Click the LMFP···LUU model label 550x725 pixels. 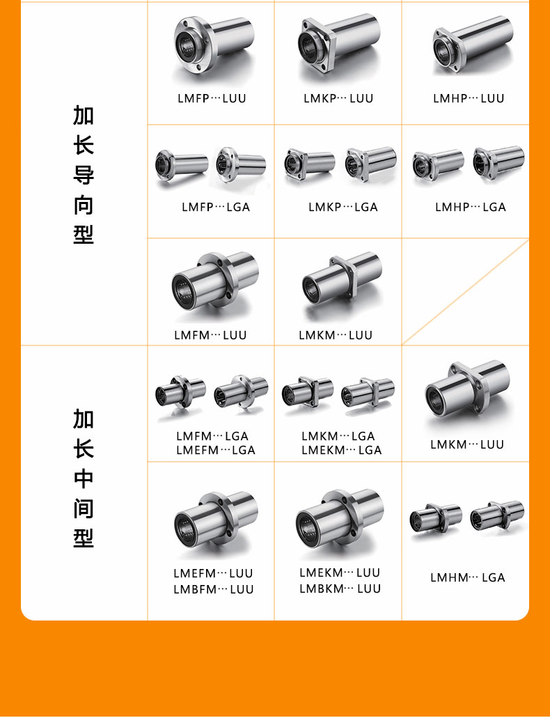[x=212, y=98]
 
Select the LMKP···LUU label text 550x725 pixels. [x=338, y=98]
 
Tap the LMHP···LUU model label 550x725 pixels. [x=469, y=98]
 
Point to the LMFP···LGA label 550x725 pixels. [x=216, y=207]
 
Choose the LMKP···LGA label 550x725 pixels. [x=343, y=207]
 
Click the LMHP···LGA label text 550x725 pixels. [x=471, y=207]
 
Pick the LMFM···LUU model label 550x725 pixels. [x=210, y=335]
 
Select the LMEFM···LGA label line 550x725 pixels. [x=215, y=450]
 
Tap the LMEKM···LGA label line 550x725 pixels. [x=342, y=450]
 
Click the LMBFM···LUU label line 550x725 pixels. [x=214, y=589]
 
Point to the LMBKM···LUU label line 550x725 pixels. [x=340, y=588]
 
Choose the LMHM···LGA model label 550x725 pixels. [x=468, y=577]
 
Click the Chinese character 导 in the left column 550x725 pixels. [x=84, y=176]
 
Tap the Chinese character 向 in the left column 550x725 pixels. [x=84, y=205]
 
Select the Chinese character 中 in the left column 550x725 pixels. [x=84, y=478]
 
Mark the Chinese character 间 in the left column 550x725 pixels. [x=84, y=508]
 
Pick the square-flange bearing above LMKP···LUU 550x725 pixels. [x=339, y=45]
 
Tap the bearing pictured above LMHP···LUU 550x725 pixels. [x=472, y=45]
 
